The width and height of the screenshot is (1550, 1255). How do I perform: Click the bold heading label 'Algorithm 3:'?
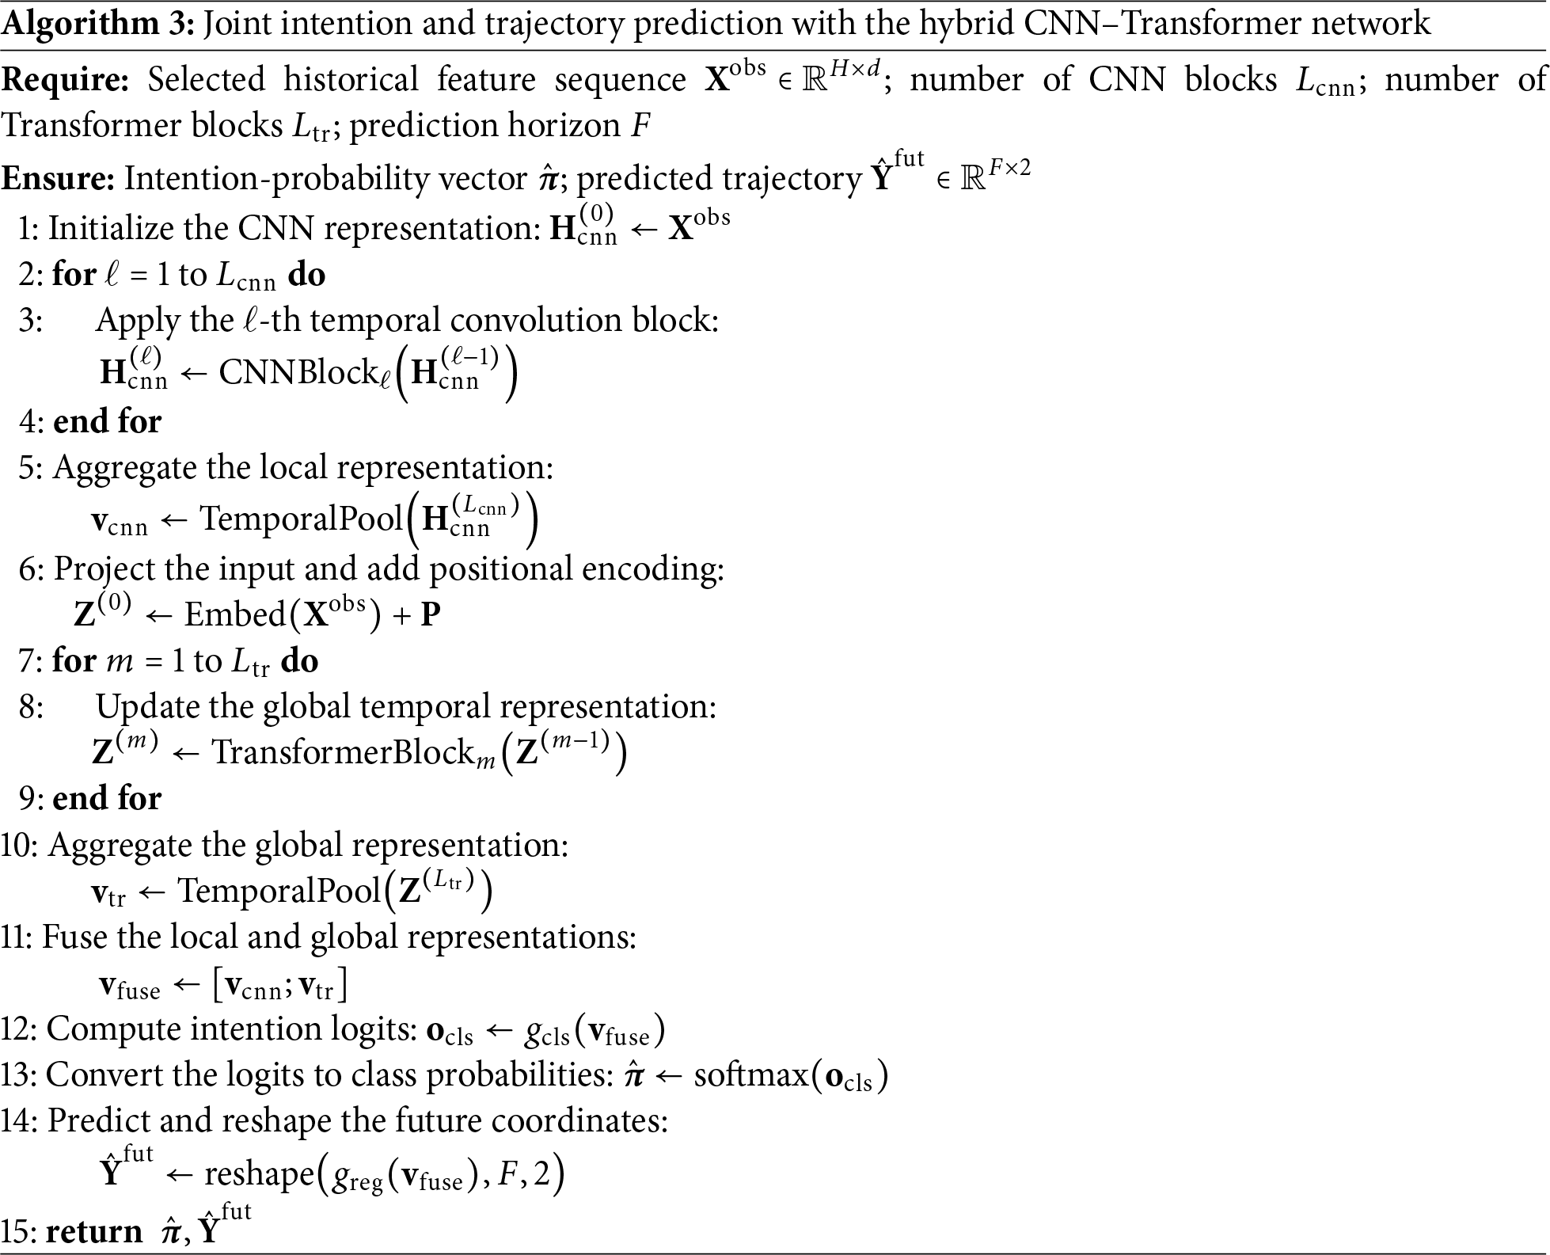(x=98, y=25)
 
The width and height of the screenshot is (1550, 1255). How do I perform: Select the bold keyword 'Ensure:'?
(x=58, y=179)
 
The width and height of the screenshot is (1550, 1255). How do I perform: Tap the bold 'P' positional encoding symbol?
(x=431, y=615)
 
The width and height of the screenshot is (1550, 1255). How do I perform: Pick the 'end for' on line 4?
(x=107, y=421)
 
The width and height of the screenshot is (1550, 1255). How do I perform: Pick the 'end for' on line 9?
(x=107, y=798)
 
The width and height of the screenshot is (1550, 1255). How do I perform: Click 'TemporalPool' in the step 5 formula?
(x=302, y=519)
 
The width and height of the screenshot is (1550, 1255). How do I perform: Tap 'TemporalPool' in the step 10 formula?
(x=279, y=891)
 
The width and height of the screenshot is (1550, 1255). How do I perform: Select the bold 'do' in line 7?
(x=299, y=660)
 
